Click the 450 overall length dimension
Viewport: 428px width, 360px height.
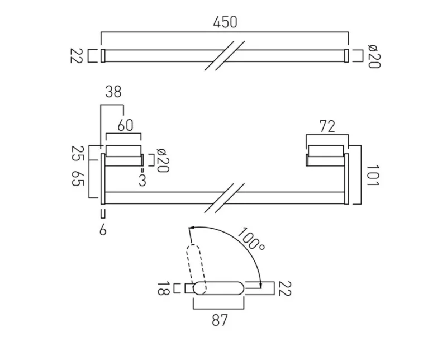click(x=225, y=22)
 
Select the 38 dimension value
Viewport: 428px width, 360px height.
click(x=113, y=92)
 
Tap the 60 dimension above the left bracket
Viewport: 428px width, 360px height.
click(x=125, y=125)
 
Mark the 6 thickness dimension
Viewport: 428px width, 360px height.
click(x=103, y=229)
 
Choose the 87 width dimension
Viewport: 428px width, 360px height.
click(x=218, y=320)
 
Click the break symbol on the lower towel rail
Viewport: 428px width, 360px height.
click(x=223, y=198)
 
